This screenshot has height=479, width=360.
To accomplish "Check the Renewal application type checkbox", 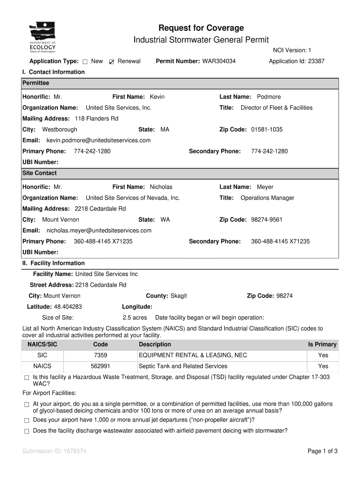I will point(111,62).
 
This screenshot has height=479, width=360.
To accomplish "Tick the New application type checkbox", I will point(85,62).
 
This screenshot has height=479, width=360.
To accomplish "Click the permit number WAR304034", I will point(219,61).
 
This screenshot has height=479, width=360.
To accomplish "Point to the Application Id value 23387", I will point(316,61).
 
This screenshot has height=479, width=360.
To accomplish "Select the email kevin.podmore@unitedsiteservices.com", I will point(98,140).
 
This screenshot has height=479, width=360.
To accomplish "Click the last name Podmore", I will point(269,97).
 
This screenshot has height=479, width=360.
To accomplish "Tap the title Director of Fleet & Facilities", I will point(276,108).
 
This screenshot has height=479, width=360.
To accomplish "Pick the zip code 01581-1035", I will point(266,130).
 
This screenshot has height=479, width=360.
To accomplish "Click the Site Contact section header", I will point(40,173).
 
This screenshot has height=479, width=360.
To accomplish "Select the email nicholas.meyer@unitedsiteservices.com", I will point(99,231).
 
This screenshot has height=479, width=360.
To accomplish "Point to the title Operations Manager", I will point(267,198).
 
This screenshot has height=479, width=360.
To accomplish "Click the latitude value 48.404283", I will point(68,307).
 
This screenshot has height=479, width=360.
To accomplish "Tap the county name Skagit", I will point(179,296).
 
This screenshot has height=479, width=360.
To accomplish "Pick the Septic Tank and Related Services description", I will point(183,366).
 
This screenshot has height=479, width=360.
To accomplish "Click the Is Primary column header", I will point(322,345).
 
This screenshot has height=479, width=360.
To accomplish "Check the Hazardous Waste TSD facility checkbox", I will point(27,377).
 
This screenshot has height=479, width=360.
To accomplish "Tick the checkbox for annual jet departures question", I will point(27,420).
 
